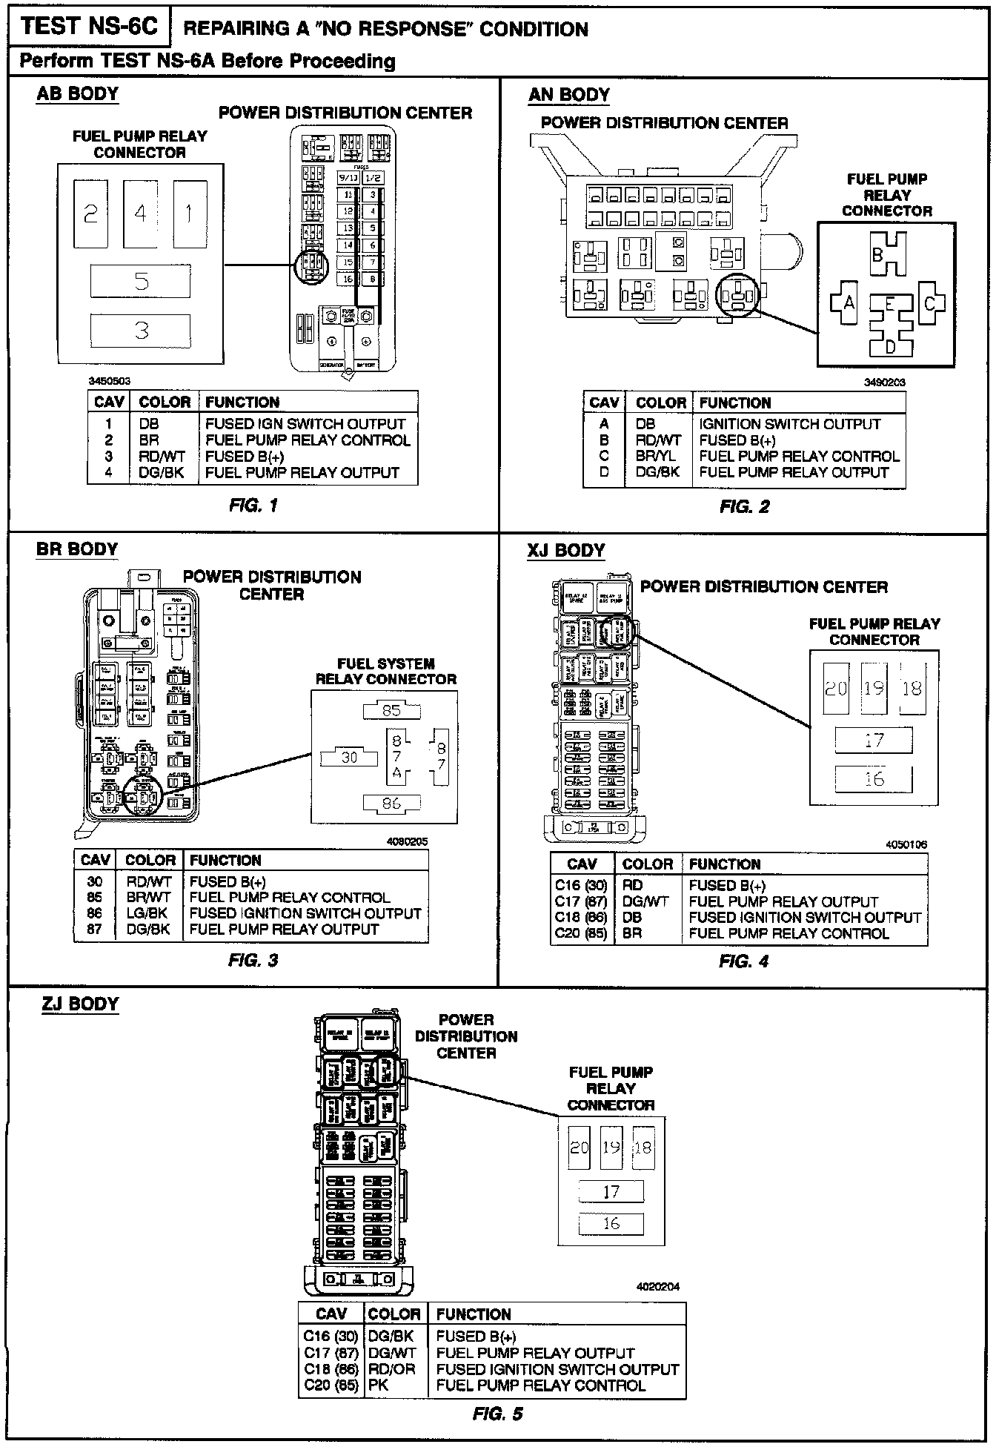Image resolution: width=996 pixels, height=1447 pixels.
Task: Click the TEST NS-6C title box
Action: click(89, 27)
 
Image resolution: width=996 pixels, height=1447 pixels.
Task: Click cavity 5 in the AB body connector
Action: click(141, 282)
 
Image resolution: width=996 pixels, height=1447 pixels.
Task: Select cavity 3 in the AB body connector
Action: click(141, 331)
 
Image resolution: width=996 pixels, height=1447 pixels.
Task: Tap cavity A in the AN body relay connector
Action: click(848, 302)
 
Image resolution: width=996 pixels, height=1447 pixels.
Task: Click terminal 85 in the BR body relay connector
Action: click(391, 710)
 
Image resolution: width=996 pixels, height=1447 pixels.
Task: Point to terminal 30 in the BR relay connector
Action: click(349, 758)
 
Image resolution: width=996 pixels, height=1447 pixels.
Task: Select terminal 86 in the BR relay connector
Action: click(391, 803)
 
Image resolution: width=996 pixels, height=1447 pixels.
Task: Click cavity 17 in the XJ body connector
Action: click(874, 740)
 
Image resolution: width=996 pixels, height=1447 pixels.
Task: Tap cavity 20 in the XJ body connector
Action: click(836, 689)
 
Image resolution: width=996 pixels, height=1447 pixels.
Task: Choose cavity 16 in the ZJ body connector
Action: click(611, 1223)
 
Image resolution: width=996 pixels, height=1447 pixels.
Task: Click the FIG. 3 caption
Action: click(253, 961)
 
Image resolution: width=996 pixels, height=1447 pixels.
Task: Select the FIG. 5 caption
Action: click(498, 1414)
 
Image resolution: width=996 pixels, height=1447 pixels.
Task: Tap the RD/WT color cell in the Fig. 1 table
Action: click(162, 457)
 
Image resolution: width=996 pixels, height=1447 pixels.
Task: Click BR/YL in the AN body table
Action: click(655, 457)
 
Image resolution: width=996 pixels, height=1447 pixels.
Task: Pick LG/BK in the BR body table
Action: click(147, 913)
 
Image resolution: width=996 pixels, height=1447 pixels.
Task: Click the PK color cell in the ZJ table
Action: click(379, 1385)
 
